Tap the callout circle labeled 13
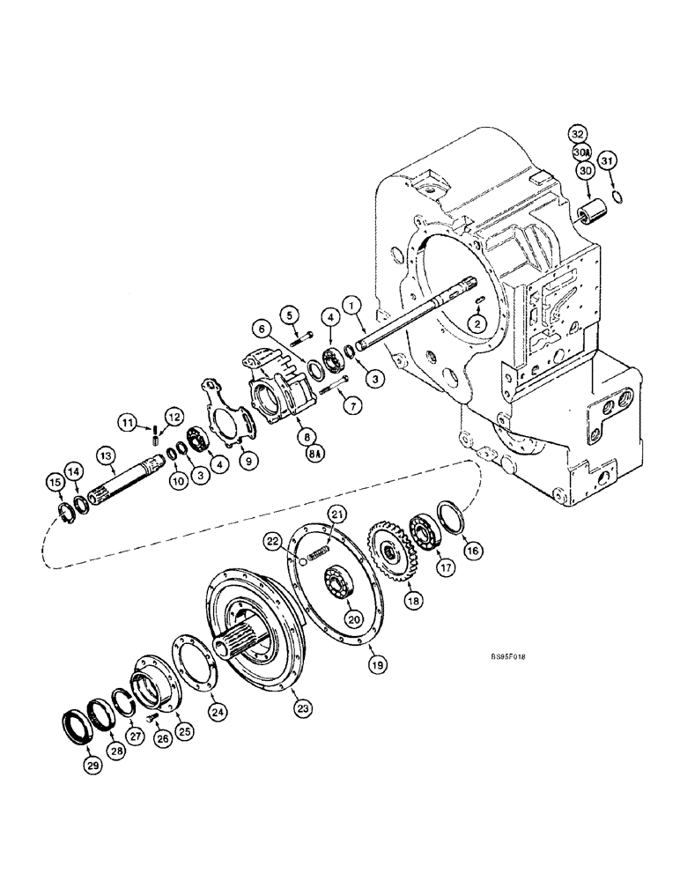pyautogui.click(x=107, y=455)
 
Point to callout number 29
pyautogui.click(x=93, y=766)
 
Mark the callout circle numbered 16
pyautogui.click(x=475, y=550)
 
